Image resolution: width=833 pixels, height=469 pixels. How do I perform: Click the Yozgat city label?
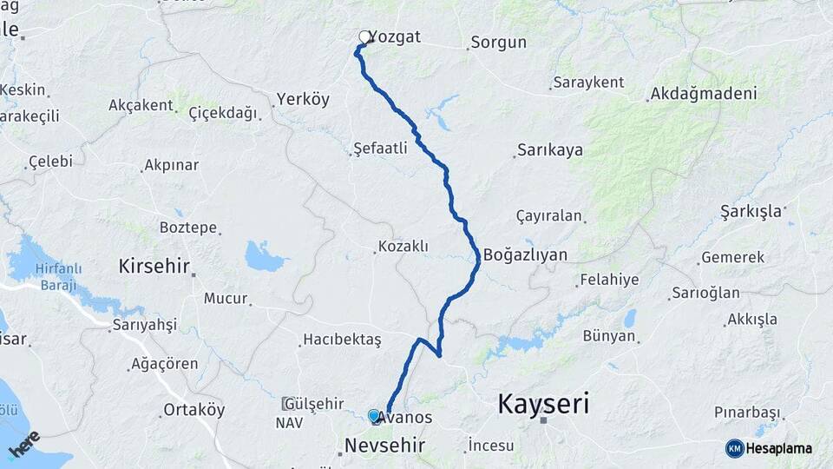click(395, 37)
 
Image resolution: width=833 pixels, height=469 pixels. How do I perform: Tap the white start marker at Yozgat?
click(364, 37)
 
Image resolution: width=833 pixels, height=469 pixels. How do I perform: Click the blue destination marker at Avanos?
click(374, 417)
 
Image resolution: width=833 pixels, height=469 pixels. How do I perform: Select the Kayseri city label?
click(543, 404)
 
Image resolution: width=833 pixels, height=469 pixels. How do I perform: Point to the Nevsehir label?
click(384, 446)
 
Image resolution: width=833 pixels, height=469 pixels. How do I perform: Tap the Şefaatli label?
click(380, 149)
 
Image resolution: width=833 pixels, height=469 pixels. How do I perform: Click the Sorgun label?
click(498, 42)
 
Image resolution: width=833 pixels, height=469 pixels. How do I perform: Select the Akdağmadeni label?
click(703, 93)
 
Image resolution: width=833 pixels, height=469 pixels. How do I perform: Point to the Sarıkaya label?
click(550, 150)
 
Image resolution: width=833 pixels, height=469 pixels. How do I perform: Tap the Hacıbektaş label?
click(341, 340)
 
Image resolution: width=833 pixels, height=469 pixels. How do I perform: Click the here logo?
click(23, 445)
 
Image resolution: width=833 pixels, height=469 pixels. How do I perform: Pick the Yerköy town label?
click(303, 99)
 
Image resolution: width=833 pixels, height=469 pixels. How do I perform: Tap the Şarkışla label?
click(751, 211)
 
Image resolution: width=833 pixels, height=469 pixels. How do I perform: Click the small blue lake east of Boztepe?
click(264, 256)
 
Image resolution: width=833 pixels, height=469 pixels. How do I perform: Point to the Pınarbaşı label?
click(747, 412)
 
